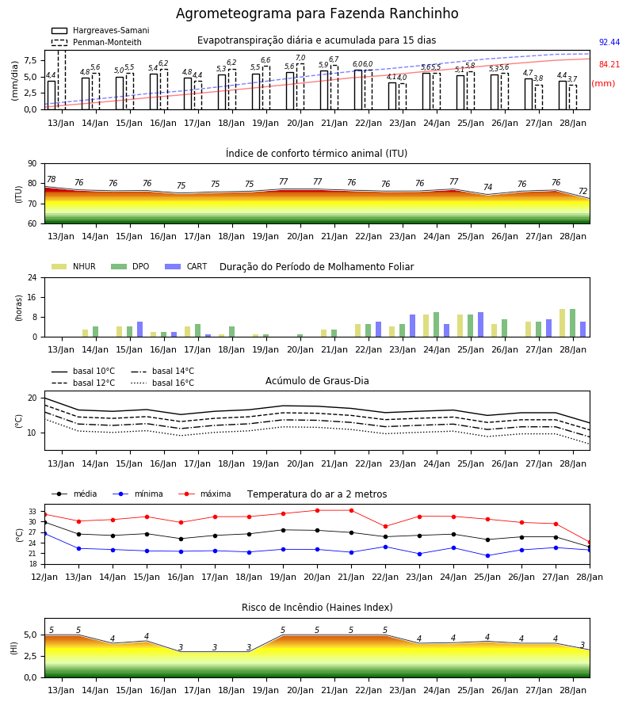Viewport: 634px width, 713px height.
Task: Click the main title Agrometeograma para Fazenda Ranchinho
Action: pyautogui.click(x=317, y=13)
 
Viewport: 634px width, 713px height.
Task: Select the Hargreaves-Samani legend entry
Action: pyautogui.click(x=100, y=30)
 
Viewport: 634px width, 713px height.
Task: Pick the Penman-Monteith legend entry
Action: pyautogui.click(x=97, y=42)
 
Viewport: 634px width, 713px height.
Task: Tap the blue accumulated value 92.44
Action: pyautogui.click(x=609, y=42)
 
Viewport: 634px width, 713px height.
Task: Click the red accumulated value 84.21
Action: pyautogui.click(x=609, y=65)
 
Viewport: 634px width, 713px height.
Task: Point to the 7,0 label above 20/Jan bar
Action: pyautogui.click(x=300, y=58)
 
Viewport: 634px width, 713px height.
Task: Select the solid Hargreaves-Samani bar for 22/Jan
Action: pyautogui.click(x=358, y=90)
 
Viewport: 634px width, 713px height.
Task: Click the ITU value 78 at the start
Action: pyautogui.click(x=52, y=179)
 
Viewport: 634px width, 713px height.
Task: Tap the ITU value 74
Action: pyautogui.click(x=488, y=187)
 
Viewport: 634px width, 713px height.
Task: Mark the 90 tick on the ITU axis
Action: pyautogui.click(x=32, y=164)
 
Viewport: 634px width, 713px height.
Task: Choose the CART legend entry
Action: pyautogui.click(x=186, y=266)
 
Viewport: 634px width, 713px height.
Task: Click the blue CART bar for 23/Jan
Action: pyautogui.click(x=413, y=326)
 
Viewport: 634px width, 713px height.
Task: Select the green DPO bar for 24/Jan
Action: pyautogui.click(x=436, y=325)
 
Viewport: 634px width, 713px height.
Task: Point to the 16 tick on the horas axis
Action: pyautogui.click(x=32, y=297)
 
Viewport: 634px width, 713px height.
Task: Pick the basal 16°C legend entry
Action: pyautogui.click(x=162, y=383)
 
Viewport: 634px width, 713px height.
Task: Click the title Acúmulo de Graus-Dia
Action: pyautogui.click(x=317, y=381)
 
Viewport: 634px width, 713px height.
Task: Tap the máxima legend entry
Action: pyautogui.click(x=204, y=494)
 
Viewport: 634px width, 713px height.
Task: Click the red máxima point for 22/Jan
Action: pyautogui.click(x=386, y=527)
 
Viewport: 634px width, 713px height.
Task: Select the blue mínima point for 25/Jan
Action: pyautogui.click(x=488, y=555)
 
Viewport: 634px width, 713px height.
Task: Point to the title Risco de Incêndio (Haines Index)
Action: pyautogui.click(x=317, y=608)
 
